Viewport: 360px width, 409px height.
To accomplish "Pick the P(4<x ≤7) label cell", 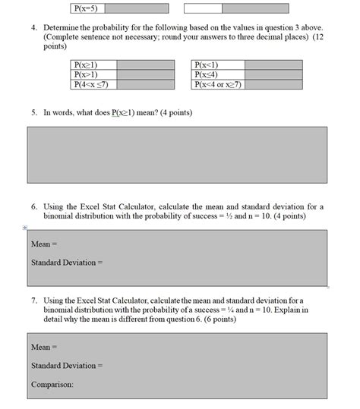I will click(x=88, y=84).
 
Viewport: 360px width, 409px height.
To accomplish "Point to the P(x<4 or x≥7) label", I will click(x=218, y=84).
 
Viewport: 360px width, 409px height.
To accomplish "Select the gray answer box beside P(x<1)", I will click(x=267, y=65).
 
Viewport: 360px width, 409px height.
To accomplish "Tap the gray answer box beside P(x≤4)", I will click(x=267, y=74).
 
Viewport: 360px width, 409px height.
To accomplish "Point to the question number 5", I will click(x=34, y=112).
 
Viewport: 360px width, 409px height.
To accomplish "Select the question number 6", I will click(x=34, y=206).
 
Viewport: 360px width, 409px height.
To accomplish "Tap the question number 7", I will click(x=34, y=300).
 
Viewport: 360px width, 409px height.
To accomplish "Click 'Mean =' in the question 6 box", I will click(x=44, y=244).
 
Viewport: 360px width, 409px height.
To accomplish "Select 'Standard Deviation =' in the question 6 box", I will click(x=66, y=263).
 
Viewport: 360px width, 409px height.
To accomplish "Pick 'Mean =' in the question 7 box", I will click(x=44, y=347).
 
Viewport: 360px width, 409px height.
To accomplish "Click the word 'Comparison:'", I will click(x=52, y=384).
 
